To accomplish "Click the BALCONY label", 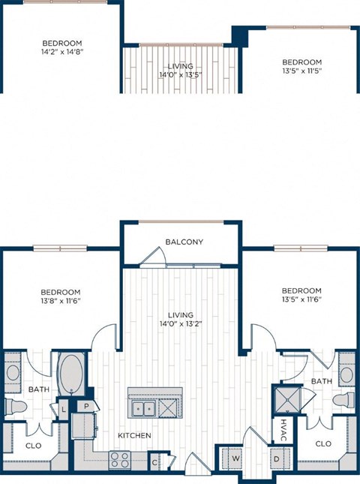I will (185, 242).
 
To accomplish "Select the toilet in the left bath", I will (16, 407).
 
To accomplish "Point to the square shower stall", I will (288, 399).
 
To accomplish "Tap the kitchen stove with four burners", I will (120, 458).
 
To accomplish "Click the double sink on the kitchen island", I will (143, 407).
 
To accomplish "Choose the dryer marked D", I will (276, 458).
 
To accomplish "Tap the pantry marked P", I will (87, 407).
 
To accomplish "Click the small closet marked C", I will (154, 461).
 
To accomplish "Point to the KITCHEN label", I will (134, 435).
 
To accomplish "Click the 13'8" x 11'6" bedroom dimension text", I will (60, 300).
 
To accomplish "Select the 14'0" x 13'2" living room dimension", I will (181, 325).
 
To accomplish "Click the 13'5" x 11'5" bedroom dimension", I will (301, 72).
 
